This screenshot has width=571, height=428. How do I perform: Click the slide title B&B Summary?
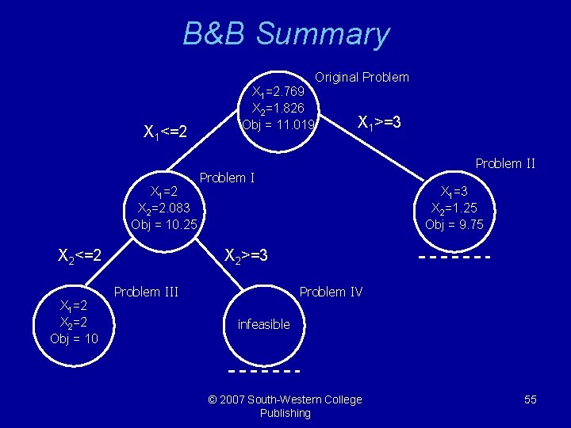click(x=285, y=34)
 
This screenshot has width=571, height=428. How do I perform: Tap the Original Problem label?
click(x=362, y=77)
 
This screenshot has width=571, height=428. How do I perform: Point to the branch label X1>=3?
click(x=380, y=123)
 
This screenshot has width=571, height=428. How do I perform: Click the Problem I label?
click(x=227, y=178)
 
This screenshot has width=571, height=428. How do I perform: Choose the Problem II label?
click(x=505, y=164)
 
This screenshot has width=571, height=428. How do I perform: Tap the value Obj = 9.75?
click(x=454, y=224)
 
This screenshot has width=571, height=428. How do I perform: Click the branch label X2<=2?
click(x=80, y=255)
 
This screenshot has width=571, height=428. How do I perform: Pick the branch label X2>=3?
click(x=247, y=256)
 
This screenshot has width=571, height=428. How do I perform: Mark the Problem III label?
click(x=146, y=292)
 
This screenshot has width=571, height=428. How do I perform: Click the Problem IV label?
click(x=331, y=292)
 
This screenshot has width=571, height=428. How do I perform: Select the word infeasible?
click(x=264, y=324)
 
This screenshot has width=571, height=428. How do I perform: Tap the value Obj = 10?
click(x=74, y=338)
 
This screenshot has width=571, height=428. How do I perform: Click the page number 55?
click(x=531, y=399)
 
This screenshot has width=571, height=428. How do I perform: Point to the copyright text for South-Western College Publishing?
click(x=285, y=406)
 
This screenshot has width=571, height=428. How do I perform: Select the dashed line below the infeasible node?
click(x=264, y=370)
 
